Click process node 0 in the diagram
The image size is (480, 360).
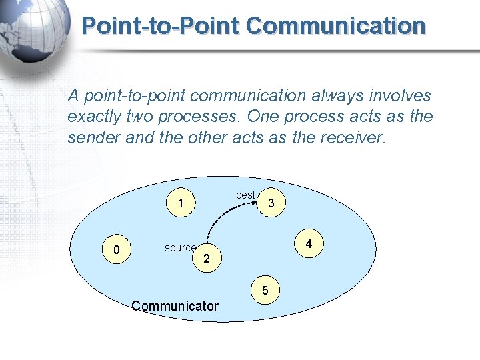(x=117, y=250)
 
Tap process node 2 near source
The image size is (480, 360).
(x=207, y=258)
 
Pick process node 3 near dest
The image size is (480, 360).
(x=271, y=203)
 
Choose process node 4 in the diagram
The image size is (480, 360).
(x=309, y=245)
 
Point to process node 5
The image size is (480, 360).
(x=265, y=291)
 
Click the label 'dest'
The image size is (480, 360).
(x=246, y=195)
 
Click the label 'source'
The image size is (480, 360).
(x=180, y=248)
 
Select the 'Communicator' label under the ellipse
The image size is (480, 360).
(x=175, y=306)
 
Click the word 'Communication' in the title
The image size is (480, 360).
(x=335, y=26)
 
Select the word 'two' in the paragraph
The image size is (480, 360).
(x=144, y=117)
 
